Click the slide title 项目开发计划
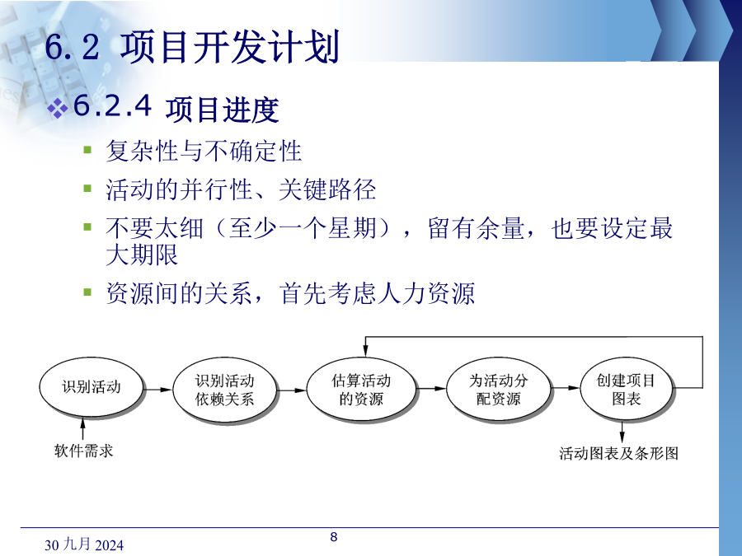(x=229, y=46)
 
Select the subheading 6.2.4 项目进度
(x=176, y=107)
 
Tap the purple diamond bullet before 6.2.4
(x=58, y=108)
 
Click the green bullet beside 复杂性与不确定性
(x=87, y=151)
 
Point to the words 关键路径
(x=327, y=189)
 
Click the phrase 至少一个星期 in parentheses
(x=303, y=228)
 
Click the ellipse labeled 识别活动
(x=91, y=387)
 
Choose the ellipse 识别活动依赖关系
(x=225, y=390)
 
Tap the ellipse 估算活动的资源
(x=361, y=390)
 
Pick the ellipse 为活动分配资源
(x=498, y=390)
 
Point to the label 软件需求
(x=84, y=451)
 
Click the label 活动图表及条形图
(x=619, y=453)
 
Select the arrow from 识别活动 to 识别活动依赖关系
(x=157, y=390)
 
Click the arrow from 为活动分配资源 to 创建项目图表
(x=566, y=388)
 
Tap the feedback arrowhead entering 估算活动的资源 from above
(x=365, y=350)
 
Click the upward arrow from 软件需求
(x=82, y=429)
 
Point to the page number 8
(x=334, y=536)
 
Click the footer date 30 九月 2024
(x=84, y=544)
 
